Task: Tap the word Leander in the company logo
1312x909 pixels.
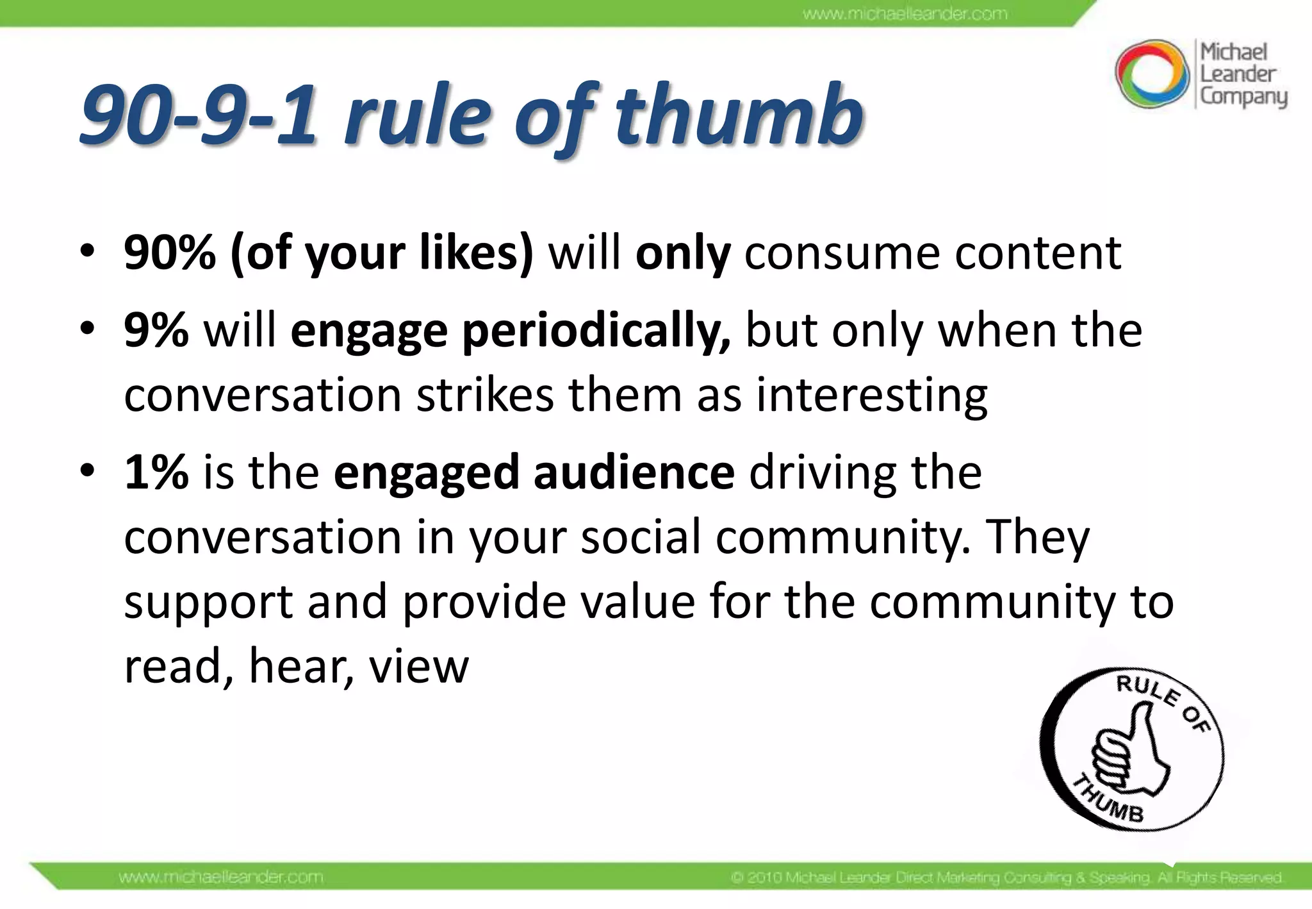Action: pyautogui.click(x=1238, y=74)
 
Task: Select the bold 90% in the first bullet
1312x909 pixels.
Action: pyautogui.click(x=170, y=253)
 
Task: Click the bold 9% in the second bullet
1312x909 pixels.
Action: pyautogui.click(x=156, y=331)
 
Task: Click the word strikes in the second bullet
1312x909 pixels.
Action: pyautogui.click(x=485, y=395)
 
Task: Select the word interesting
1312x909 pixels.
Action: pyautogui.click(x=871, y=396)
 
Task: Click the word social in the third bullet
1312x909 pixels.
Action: pyautogui.click(x=640, y=537)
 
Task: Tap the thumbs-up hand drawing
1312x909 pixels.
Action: pyautogui.click(x=1128, y=756)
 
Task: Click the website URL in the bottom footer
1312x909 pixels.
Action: pyautogui.click(x=221, y=876)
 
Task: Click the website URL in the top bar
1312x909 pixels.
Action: pyautogui.click(x=905, y=13)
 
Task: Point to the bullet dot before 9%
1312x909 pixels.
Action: pyautogui.click(x=87, y=329)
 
